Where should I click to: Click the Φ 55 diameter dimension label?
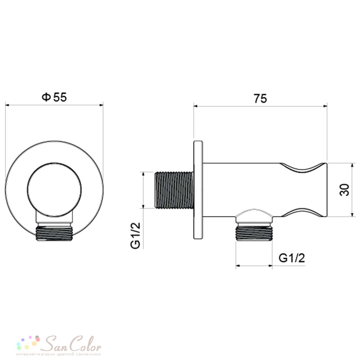[x=54, y=97]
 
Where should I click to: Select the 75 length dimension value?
[x=260, y=99]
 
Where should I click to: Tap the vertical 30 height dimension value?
[x=345, y=190]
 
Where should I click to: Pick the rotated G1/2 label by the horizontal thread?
[x=135, y=235]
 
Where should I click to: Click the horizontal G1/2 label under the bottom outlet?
[x=292, y=258]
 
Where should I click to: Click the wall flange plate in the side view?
[x=198, y=190]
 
